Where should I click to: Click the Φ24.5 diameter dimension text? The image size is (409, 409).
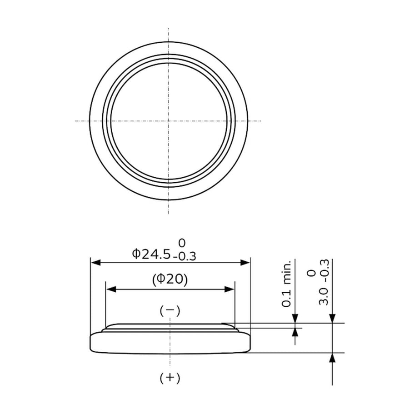click(x=151, y=254)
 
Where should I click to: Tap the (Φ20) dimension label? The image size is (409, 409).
click(x=170, y=279)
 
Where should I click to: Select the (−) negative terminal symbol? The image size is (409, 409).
click(x=170, y=310)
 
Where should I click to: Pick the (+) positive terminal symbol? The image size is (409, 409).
click(x=170, y=378)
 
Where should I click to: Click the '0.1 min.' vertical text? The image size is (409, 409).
click(x=286, y=283)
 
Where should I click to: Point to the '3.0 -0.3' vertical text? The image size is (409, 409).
click(x=324, y=282)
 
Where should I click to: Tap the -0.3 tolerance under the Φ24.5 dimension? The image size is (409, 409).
click(x=184, y=257)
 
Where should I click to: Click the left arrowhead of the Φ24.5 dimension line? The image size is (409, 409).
click(x=95, y=262)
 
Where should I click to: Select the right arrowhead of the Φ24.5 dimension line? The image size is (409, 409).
click(x=245, y=262)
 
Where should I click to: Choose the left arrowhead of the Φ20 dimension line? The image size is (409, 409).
click(x=111, y=289)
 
